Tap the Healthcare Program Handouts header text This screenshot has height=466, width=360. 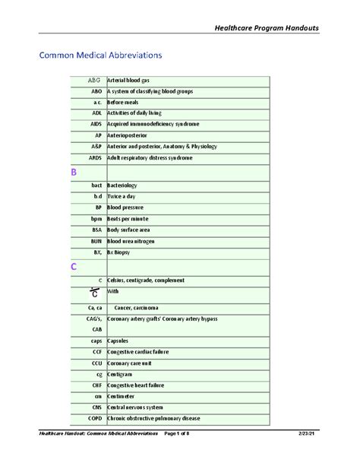point(268,28)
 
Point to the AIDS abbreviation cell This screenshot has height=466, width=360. point(96,124)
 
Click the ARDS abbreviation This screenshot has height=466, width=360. point(95,157)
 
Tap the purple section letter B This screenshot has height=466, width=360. point(74,173)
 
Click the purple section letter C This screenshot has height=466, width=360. point(74,267)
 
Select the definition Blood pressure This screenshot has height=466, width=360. point(125,207)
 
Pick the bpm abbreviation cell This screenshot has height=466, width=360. point(96,218)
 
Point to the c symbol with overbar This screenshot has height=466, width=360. point(93,293)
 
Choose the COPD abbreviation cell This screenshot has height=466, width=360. point(94,419)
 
